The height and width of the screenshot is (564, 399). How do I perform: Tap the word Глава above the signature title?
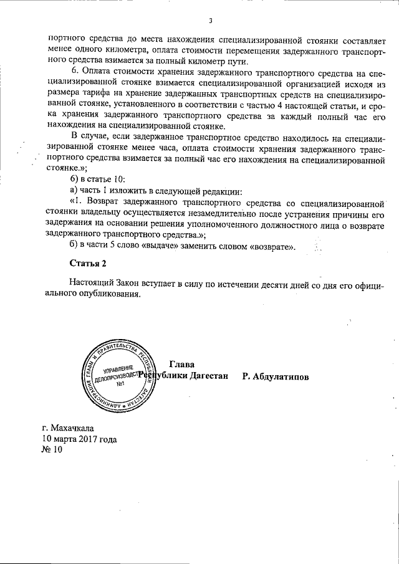click(181, 364)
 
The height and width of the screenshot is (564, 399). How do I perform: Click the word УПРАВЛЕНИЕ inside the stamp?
click(118, 370)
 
